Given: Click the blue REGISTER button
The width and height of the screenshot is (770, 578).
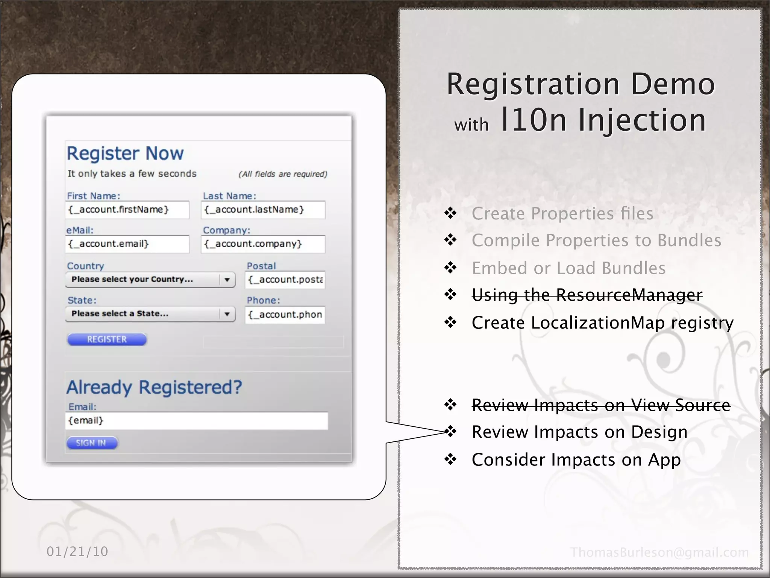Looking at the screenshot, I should click(x=107, y=339).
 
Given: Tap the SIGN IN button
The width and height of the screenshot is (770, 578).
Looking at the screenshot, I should click(x=92, y=443).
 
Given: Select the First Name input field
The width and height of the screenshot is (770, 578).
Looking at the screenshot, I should click(x=127, y=210).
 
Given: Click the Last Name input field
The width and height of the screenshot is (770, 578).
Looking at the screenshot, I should click(x=263, y=210).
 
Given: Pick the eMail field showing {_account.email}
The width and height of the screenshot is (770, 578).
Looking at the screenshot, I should click(x=127, y=244).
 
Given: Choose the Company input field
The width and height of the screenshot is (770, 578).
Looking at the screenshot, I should click(x=263, y=244).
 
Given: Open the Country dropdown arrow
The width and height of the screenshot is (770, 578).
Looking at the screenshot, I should click(x=227, y=280).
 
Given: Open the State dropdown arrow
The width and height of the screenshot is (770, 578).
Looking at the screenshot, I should click(x=227, y=314).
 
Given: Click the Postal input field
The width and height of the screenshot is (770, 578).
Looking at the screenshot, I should click(x=285, y=280).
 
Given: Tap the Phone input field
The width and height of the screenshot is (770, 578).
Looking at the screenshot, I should click(x=285, y=315).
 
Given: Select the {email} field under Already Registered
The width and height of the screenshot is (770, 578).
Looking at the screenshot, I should click(x=196, y=421).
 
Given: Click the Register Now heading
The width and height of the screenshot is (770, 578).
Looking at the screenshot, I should click(x=125, y=154).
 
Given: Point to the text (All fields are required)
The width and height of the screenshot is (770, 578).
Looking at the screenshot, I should click(x=283, y=174).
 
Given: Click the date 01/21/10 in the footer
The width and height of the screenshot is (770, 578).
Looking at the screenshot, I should click(x=77, y=552).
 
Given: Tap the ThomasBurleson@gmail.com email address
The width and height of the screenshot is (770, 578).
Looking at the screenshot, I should click(x=659, y=552).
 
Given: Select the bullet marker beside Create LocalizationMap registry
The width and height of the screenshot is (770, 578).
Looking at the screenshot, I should click(x=450, y=322).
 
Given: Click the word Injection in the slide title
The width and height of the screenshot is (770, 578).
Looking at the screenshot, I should click(x=642, y=120).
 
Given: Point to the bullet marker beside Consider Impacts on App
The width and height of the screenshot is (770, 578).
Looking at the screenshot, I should click(x=450, y=459).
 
